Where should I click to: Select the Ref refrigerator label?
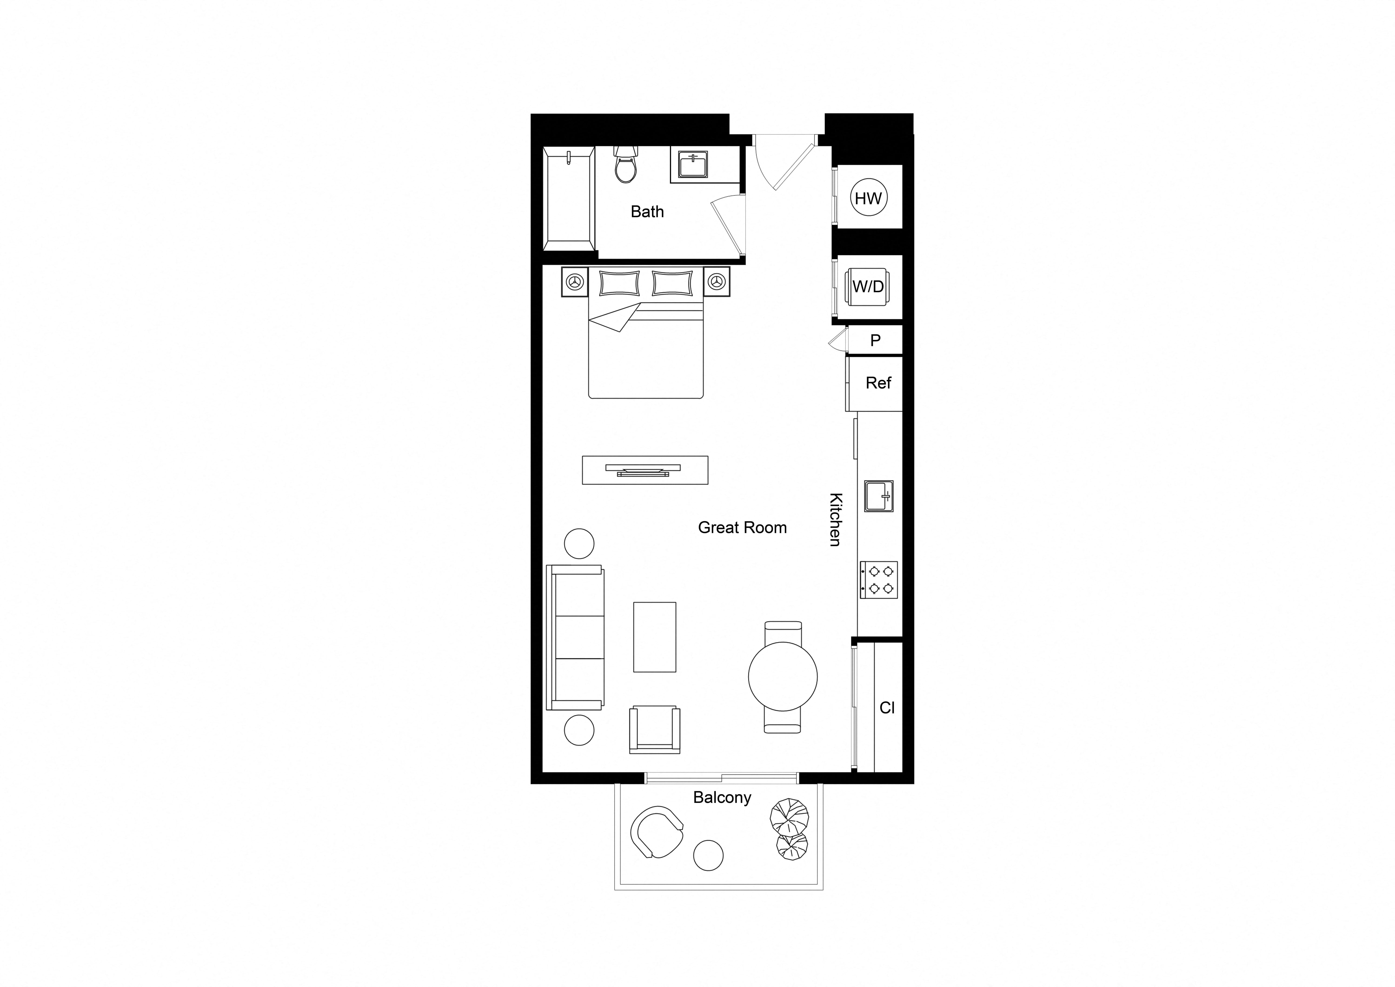(x=879, y=383)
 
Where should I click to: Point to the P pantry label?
(x=876, y=340)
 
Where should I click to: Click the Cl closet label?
(x=887, y=707)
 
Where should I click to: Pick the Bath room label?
(x=647, y=211)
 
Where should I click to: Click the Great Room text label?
(x=742, y=528)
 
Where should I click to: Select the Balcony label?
(x=722, y=797)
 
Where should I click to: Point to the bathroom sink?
(x=693, y=165)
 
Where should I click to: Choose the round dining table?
(x=783, y=676)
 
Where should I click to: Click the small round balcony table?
(x=708, y=855)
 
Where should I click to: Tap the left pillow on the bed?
(x=620, y=283)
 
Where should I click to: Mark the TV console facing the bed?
(x=645, y=470)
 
